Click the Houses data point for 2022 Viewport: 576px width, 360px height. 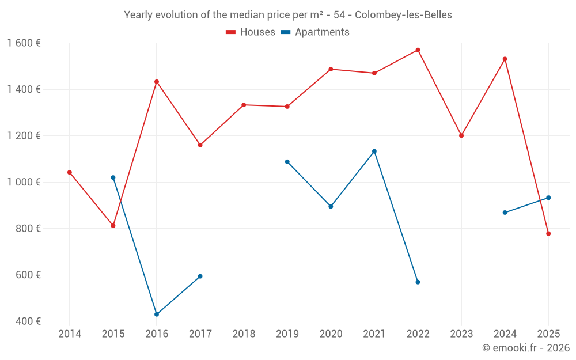click(x=418, y=50)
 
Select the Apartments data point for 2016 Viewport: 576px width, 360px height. click(x=157, y=314)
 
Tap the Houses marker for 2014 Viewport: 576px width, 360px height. click(x=70, y=172)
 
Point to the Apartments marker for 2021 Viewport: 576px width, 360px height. click(x=374, y=151)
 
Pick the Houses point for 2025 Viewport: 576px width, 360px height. click(x=548, y=234)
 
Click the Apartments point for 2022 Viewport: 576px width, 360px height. click(x=418, y=282)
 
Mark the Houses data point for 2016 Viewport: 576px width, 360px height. click(x=157, y=82)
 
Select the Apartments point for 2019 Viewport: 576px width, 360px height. click(x=287, y=162)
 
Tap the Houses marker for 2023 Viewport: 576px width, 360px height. click(x=461, y=135)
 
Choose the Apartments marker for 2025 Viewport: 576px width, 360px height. click(x=548, y=198)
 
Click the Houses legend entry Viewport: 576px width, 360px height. click(x=251, y=32)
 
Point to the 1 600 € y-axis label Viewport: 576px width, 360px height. click(x=24, y=43)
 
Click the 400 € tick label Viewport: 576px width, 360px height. click(x=27, y=321)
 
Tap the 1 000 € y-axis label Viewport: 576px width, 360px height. click(x=24, y=182)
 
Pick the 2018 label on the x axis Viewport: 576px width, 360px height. click(x=244, y=334)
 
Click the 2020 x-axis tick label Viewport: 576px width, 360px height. click(x=331, y=334)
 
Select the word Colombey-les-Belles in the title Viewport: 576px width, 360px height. click(x=403, y=15)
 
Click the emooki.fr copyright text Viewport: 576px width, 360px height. click(x=525, y=348)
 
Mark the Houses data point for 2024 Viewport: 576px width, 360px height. click(x=505, y=59)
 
